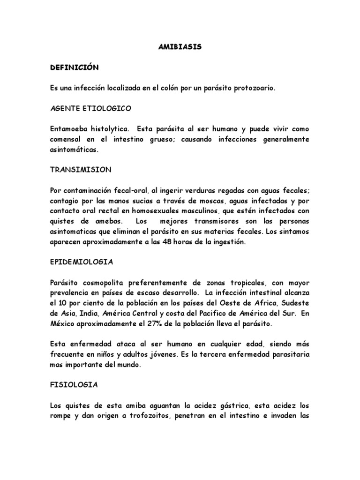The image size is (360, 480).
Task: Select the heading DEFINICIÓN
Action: [75, 67]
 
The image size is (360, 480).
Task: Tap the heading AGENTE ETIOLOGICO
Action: [91, 108]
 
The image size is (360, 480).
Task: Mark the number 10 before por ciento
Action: [62, 303]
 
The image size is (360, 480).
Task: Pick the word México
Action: [63, 324]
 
